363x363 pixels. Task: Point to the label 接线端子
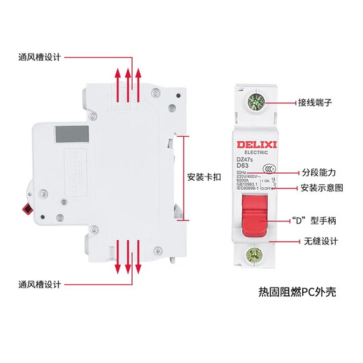point(319,101)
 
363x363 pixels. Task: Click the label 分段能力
point(319,172)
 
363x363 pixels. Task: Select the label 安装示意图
point(323,188)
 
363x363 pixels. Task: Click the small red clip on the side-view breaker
point(29,207)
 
